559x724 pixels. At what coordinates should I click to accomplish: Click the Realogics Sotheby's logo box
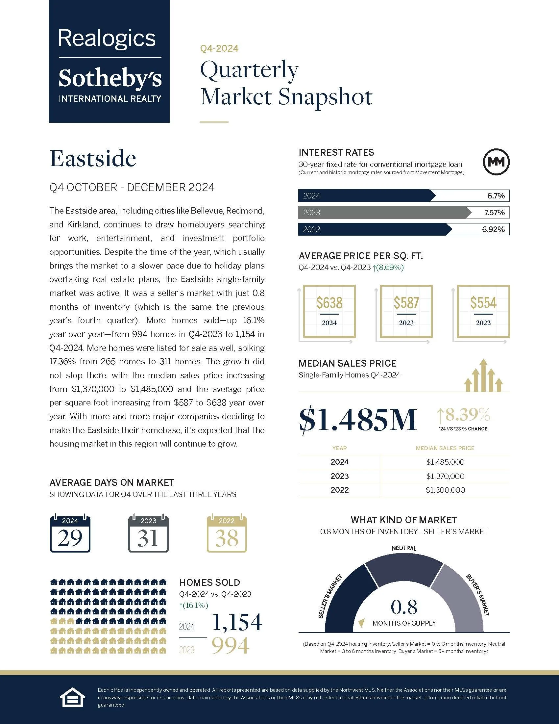click(x=109, y=61)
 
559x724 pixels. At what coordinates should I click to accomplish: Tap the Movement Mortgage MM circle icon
click(x=496, y=162)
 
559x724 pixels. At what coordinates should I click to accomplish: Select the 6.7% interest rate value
click(x=496, y=196)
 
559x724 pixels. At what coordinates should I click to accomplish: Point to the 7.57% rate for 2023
click(x=494, y=213)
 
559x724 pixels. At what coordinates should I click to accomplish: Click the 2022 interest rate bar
click(x=374, y=229)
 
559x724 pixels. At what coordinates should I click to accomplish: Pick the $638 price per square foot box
click(x=329, y=311)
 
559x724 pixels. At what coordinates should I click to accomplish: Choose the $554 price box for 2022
click(x=483, y=311)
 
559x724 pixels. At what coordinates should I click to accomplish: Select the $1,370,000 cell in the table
click(x=445, y=476)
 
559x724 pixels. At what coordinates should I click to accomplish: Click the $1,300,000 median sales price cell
click(x=445, y=490)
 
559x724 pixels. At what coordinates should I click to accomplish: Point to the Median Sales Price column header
click(x=445, y=448)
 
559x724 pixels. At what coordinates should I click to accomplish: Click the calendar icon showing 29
click(x=70, y=533)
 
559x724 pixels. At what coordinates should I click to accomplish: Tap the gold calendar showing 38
click(x=227, y=533)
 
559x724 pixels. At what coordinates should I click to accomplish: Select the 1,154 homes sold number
click(x=237, y=622)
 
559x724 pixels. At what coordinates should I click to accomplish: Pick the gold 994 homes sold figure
click(x=231, y=646)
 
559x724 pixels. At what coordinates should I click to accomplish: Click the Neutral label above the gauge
click(x=404, y=548)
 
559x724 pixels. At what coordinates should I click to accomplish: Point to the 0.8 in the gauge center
click(x=404, y=607)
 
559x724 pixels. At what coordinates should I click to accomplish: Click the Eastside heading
click(x=93, y=159)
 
